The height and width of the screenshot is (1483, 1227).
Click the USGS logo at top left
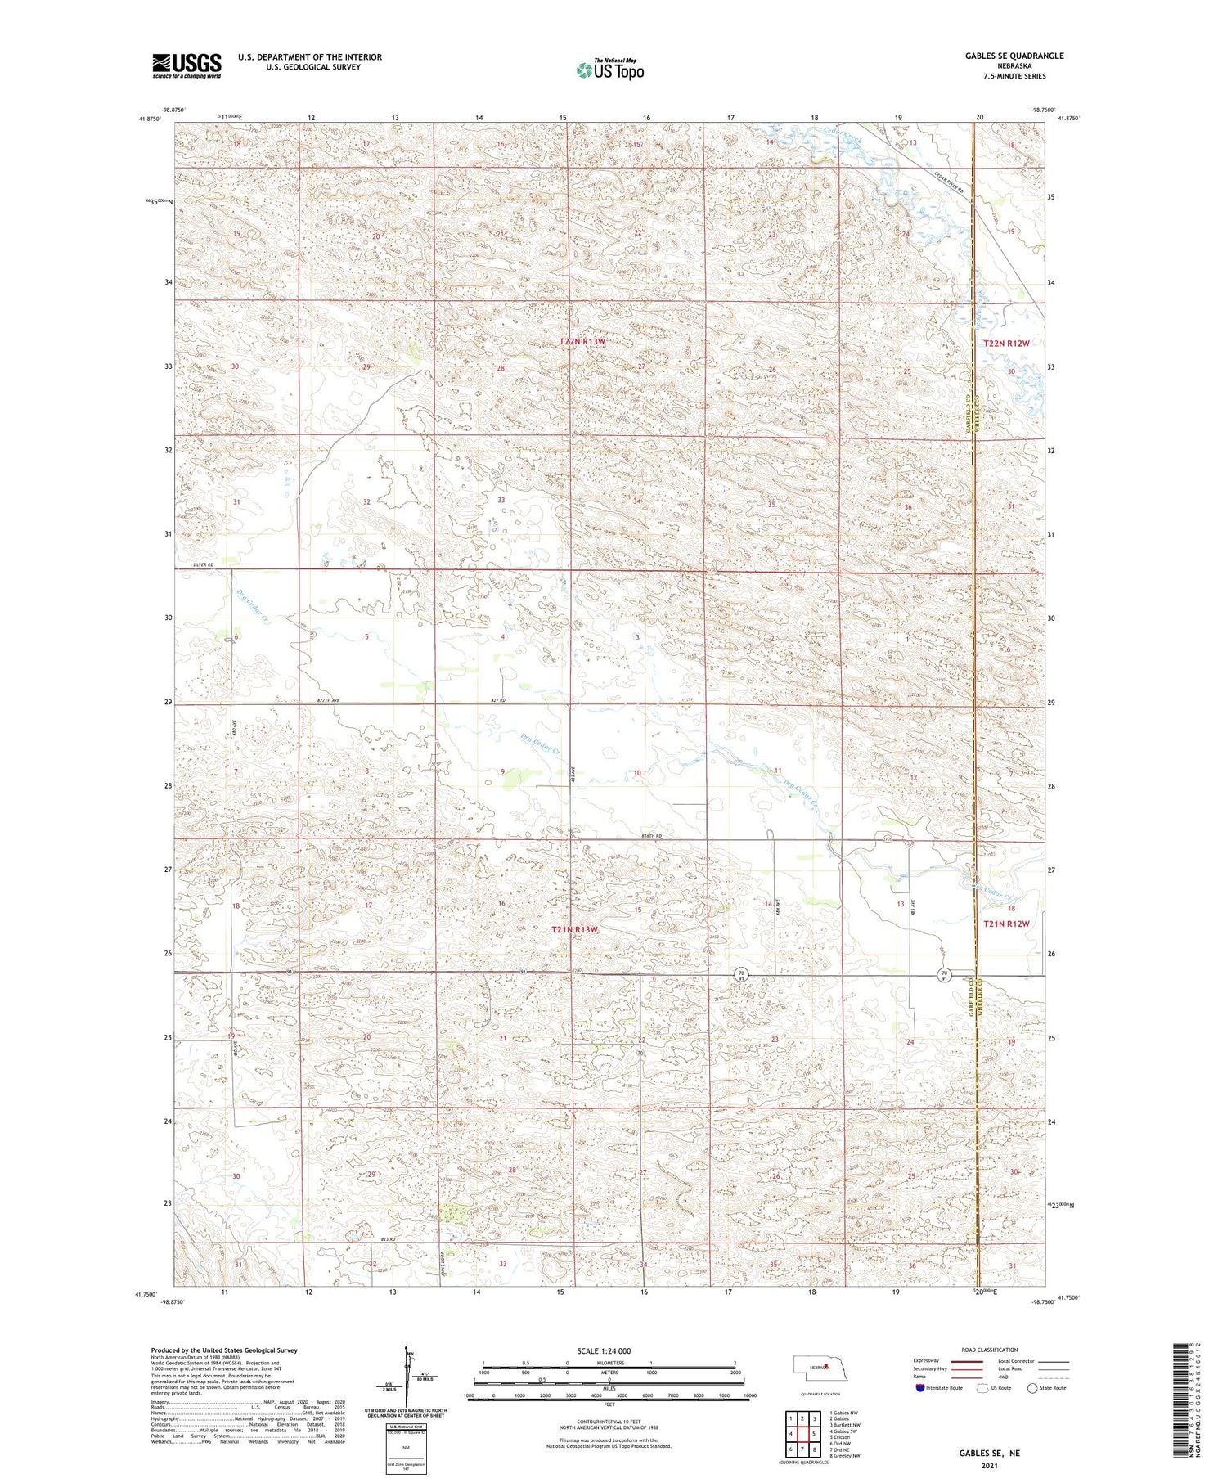[x=187, y=65]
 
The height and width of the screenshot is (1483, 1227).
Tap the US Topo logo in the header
[x=609, y=70]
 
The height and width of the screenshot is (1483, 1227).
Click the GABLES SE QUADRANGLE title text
[x=1014, y=56]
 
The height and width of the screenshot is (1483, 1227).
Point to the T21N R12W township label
[x=1005, y=924]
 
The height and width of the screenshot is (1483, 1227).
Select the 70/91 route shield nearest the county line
[x=944, y=973]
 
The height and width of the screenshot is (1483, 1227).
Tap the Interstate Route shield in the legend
[x=920, y=1388]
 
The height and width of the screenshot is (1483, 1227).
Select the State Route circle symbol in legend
[x=1032, y=1388]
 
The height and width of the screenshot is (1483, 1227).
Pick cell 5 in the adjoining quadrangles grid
[x=815, y=1433]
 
